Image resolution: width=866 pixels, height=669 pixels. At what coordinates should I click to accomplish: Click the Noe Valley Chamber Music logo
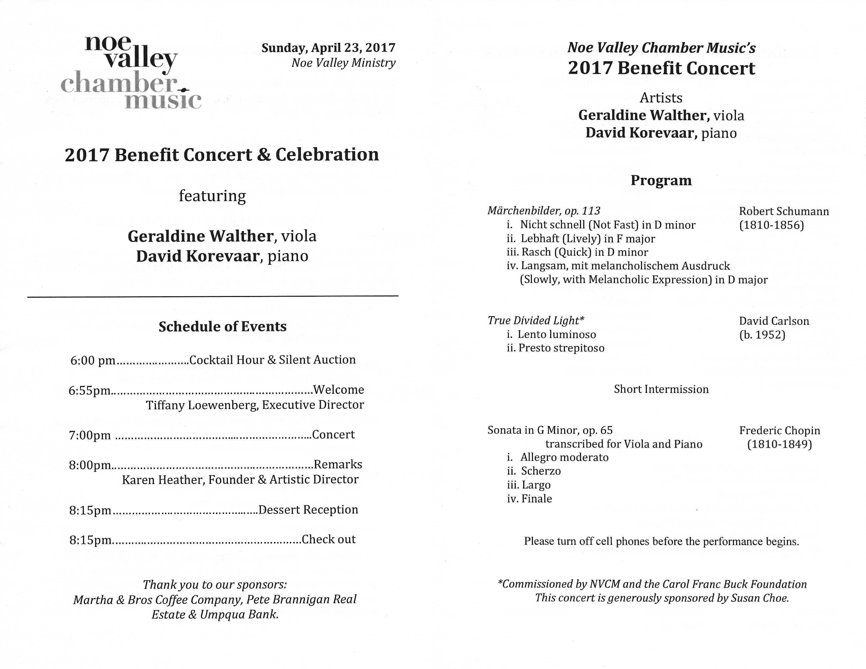coord(131,72)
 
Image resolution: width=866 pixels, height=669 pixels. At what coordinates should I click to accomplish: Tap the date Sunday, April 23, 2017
coord(328,48)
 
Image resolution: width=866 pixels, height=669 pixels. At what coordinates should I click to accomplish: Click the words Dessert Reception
coord(308,510)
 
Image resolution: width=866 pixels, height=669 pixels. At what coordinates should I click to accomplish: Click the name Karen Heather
coord(163,480)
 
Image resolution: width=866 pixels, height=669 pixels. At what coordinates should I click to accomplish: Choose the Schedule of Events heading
coord(223,327)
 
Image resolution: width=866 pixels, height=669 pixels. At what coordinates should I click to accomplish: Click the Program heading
coord(661,180)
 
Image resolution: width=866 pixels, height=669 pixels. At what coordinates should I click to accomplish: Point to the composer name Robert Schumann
coord(784,211)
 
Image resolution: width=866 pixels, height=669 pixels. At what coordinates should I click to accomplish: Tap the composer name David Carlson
coord(774,321)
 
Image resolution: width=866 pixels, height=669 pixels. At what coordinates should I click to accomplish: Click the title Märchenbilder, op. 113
coord(544,211)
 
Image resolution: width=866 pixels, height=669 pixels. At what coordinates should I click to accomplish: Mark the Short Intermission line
coord(661,389)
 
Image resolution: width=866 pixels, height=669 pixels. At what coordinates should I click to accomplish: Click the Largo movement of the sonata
coord(536,485)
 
